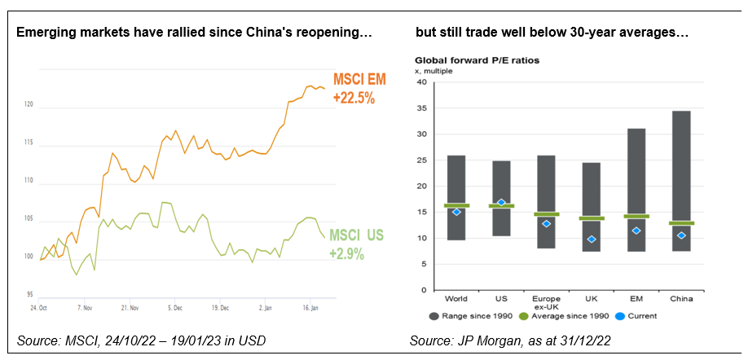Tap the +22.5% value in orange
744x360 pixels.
(x=354, y=99)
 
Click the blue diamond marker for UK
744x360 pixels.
(x=592, y=239)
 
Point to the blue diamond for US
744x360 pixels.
(x=501, y=203)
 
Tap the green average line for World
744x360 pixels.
(x=456, y=205)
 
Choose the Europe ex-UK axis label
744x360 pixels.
(x=546, y=303)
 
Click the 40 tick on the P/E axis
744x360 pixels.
(x=421, y=82)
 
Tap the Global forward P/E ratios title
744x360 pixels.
(x=478, y=60)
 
